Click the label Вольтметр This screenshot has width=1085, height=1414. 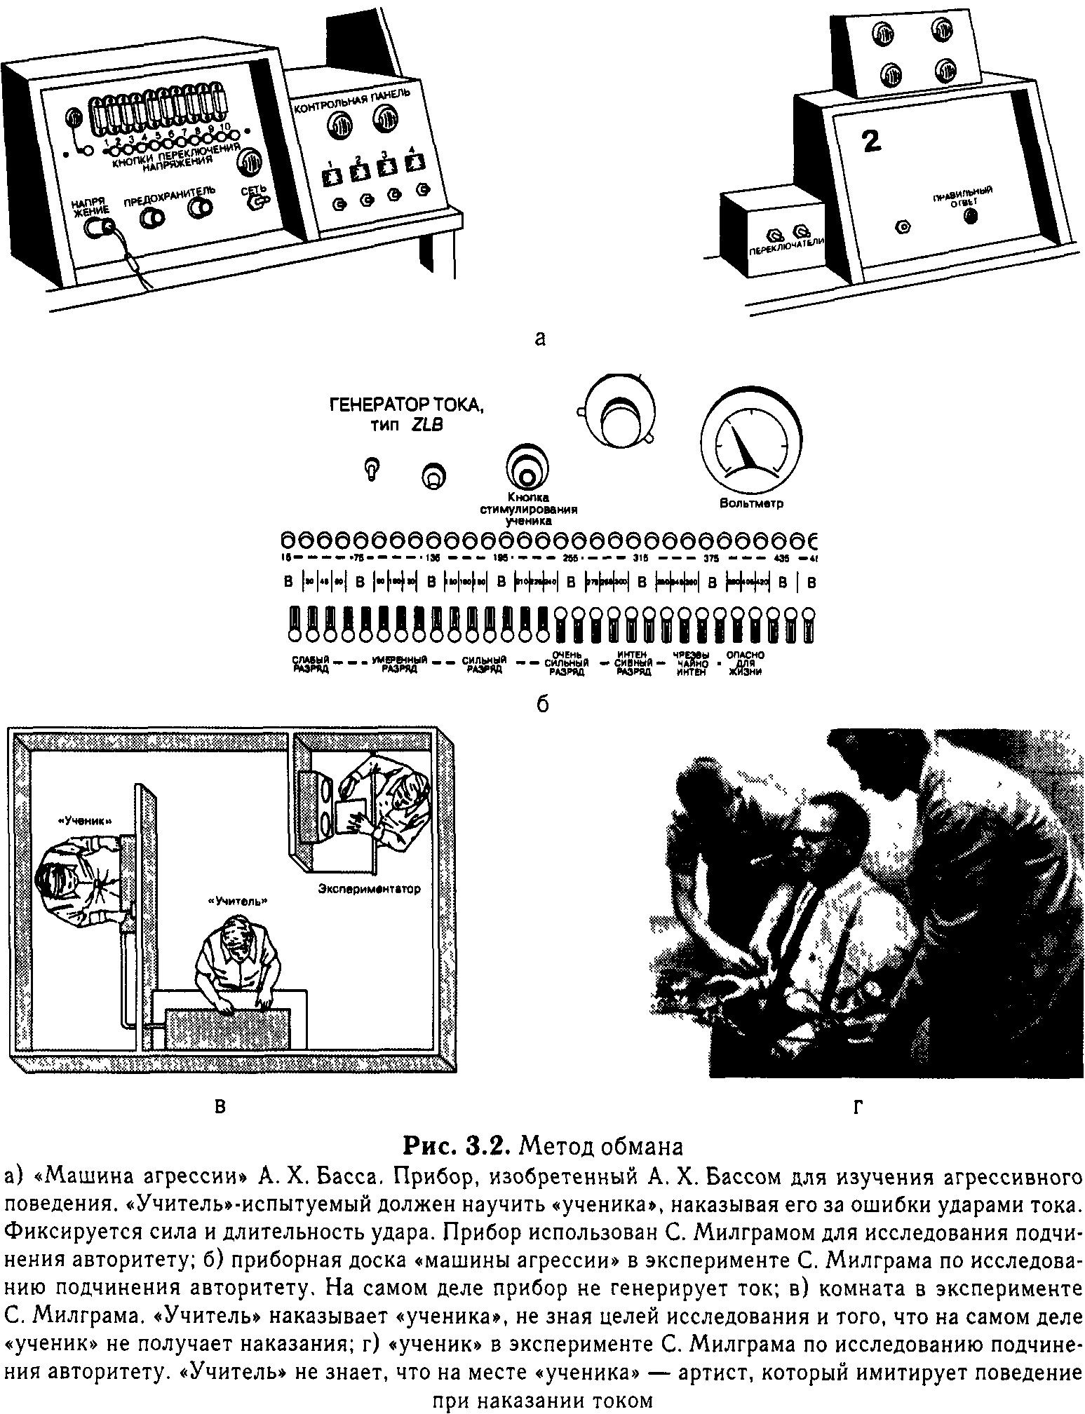click(x=751, y=503)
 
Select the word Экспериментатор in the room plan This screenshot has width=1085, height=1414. click(x=369, y=889)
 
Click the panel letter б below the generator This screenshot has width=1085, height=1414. click(x=542, y=704)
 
